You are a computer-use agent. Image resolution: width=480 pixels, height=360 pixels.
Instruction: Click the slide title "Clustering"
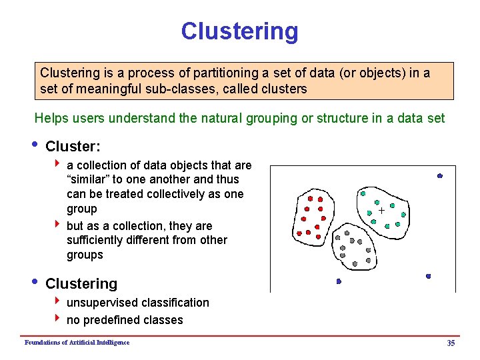tap(239, 31)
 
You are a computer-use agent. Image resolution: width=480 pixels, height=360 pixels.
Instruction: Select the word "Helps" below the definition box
tap(51, 119)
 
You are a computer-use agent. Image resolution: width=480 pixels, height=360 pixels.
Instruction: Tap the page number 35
tap(451, 343)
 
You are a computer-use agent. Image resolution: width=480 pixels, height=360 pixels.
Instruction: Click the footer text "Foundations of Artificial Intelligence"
tap(77, 343)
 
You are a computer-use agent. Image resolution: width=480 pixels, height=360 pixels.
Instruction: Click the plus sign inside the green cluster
tap(381, 210)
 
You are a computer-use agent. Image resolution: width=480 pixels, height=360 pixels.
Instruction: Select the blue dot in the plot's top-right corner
tap(440, 175)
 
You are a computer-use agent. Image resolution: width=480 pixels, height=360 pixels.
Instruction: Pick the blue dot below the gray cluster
tap(339, 281)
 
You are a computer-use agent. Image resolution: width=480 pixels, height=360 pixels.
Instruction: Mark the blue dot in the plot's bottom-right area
tap(428, 275)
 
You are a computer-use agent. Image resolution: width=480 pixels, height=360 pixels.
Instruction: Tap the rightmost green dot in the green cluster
tap(404, 215)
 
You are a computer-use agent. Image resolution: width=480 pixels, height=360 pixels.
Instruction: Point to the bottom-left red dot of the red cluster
tap(299, 233)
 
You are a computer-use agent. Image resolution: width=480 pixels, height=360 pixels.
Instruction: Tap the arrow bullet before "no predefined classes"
tap(59, 320)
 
